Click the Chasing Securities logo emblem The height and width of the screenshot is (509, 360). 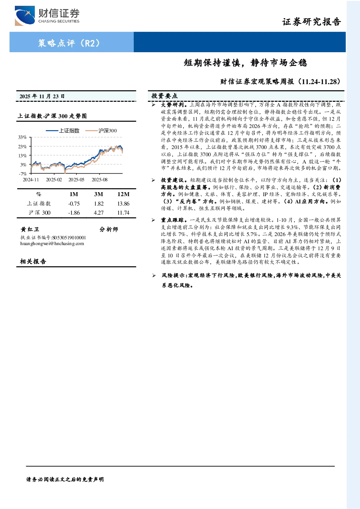25,16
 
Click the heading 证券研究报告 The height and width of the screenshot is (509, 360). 311,22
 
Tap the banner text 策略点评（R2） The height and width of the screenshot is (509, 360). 69,43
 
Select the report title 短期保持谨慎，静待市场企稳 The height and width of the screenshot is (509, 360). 245,62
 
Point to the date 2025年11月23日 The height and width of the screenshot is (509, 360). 42,96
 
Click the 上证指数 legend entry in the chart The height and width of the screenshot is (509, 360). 62,131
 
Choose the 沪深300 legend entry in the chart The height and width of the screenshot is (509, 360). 101,131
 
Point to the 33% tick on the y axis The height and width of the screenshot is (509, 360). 22,137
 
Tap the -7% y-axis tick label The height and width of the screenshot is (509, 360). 23,174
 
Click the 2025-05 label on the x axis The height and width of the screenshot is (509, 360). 76,180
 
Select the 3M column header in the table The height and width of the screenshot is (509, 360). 99,194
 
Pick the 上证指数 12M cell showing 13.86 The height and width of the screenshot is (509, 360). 123,204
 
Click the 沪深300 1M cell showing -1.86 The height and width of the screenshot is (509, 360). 74,213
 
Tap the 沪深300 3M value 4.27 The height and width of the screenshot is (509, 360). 99,213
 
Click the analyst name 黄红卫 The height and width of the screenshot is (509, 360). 30,229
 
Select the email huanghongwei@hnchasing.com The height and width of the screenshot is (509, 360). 52,244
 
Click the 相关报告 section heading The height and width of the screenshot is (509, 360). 33,261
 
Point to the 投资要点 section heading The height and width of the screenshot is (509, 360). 165,96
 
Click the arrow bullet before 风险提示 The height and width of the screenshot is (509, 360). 154,276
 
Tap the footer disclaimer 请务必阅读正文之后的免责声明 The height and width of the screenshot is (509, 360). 65,479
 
